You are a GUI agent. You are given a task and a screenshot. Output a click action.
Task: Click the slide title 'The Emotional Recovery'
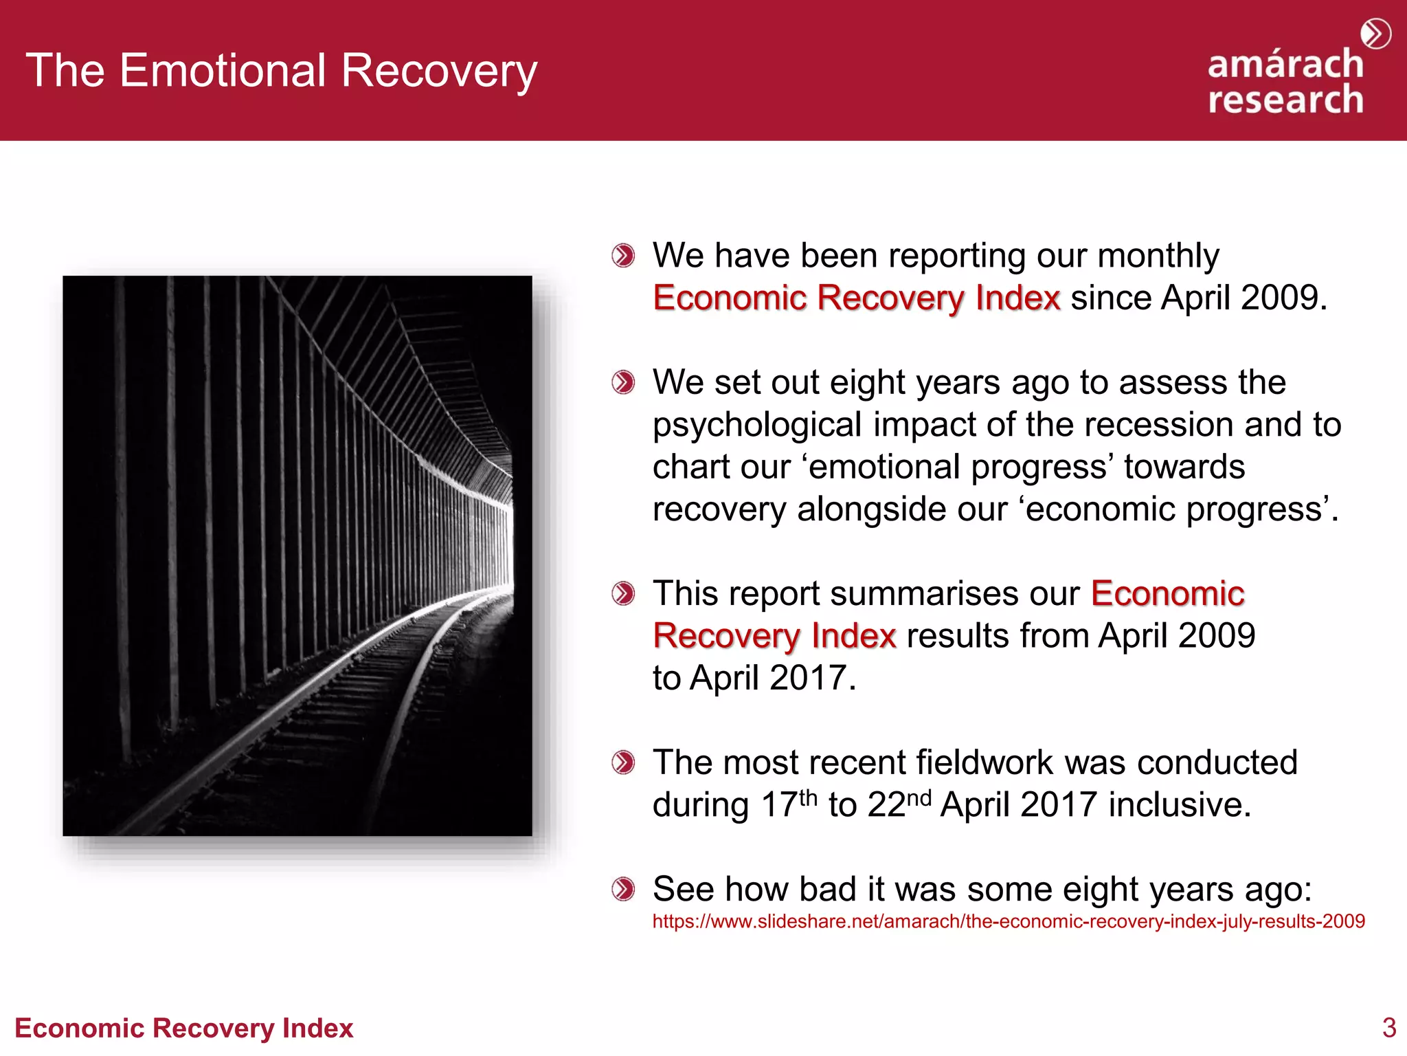point(282,71)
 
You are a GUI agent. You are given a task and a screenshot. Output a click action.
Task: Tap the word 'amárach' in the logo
point(1285,65)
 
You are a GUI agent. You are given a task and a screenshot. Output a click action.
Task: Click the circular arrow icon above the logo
point(1375,34)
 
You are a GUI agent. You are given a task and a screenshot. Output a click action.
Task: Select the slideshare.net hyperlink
point(1008,921)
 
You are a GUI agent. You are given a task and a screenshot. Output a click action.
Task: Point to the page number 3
point(1388,1028)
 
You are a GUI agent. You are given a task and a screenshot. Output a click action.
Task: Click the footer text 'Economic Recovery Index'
point(183,1028)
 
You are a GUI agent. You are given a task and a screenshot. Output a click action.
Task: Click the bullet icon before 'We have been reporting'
point(623,256)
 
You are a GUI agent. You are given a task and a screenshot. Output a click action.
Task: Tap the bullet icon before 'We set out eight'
point(623,382)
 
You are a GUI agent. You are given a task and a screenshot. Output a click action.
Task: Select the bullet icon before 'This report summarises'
point(623,593)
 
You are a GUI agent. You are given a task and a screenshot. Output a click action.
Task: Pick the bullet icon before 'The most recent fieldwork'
point(623,762)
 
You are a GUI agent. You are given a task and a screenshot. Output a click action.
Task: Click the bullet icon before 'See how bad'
point(623,889)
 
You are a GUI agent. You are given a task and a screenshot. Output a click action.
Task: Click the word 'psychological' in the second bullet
point(756,426)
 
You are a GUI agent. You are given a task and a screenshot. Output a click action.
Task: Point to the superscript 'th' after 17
point(808,797)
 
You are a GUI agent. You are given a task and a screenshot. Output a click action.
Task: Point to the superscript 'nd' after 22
point(919,797)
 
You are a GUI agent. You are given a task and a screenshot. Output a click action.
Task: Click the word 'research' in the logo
point(1285,100)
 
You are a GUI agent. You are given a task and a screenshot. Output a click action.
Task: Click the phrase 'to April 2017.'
point(754,678)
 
